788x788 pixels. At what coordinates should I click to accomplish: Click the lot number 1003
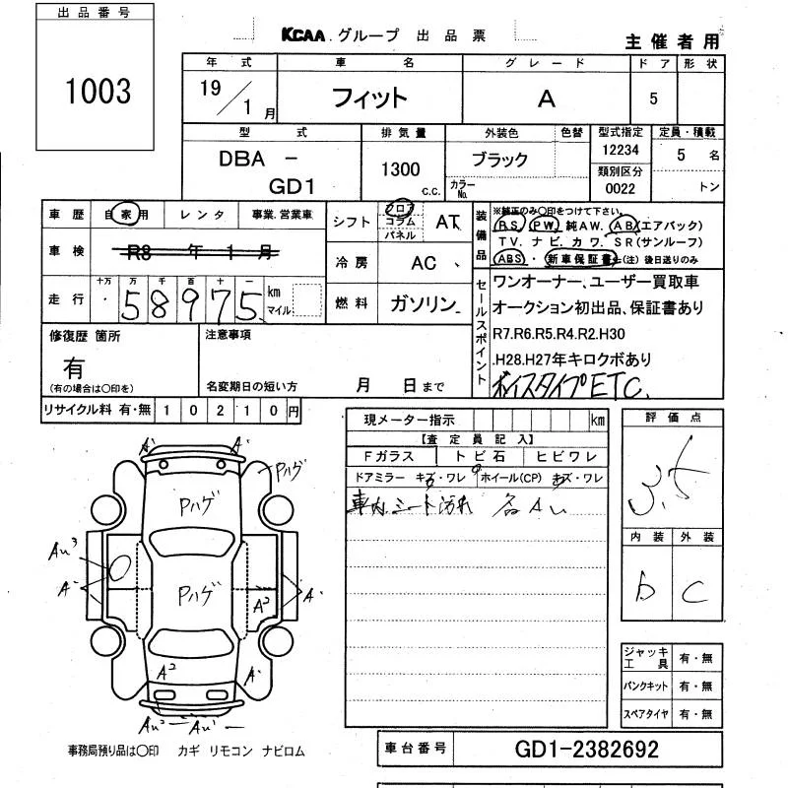[x=98, y=91]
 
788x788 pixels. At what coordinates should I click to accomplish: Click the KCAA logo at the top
[x=306, y=34]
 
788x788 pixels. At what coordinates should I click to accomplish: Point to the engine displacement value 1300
[x=400, y=169]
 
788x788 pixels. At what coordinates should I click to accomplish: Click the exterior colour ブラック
[x=498, y=160]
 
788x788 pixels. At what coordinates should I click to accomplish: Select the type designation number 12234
[x=620, y=150]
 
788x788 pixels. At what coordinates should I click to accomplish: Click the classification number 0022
[x=620, y=188]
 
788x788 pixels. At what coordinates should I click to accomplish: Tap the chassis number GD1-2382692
[x=587, y=750]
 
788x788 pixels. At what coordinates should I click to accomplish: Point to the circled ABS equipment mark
[x=509, y=258]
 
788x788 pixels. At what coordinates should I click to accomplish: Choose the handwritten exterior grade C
[x=694, y=590]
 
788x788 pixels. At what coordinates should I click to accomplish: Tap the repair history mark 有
[x=74, y=368]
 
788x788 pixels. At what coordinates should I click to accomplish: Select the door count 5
[x=652, y=99]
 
